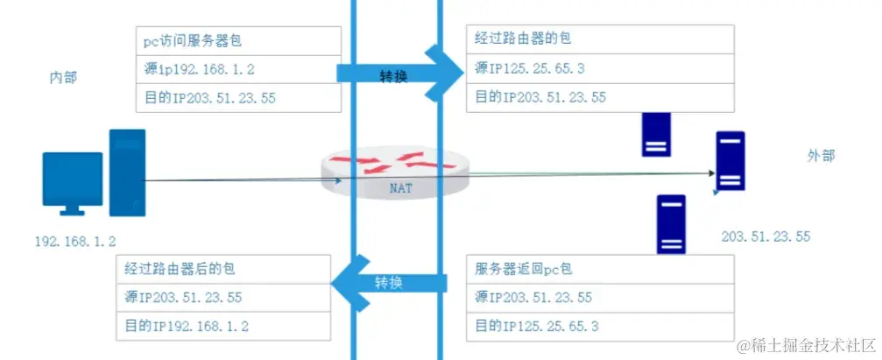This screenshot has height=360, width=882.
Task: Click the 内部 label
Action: click(x=63, y=78)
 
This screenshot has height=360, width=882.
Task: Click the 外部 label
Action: click(x=821, y=156)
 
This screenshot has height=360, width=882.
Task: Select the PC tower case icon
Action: click(x=127, y=173)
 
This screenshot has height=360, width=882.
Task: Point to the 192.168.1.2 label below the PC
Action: click(x=75, y=240)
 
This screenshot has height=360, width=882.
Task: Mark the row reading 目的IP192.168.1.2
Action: click(x=187, y=326)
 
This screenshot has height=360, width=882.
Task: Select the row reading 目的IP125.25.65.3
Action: click(x=536, y=326)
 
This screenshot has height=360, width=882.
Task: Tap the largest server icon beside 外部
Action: click(x=730, y=161)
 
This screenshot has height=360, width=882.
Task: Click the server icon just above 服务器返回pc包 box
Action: click(x=671, y=224)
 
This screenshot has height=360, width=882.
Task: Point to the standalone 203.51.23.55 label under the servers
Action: click(x=766, y=236)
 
